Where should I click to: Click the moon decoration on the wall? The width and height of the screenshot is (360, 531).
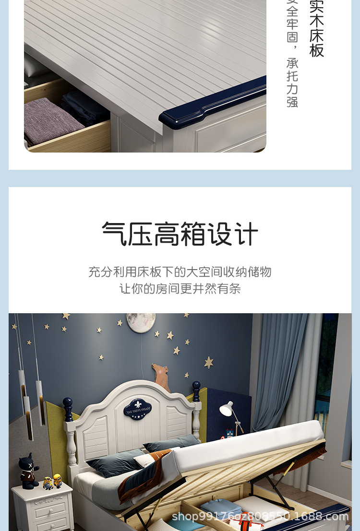[x=141, y=321]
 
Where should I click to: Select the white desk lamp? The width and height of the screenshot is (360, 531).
[x=227, y=410]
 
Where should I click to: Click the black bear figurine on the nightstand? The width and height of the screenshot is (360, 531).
[x=28, y=470]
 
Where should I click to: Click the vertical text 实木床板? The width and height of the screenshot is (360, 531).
[x=316, y=29]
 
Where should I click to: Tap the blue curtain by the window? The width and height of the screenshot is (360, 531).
[x=278, y=369]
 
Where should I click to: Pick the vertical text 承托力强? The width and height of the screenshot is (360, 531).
[x=292, y=83]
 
